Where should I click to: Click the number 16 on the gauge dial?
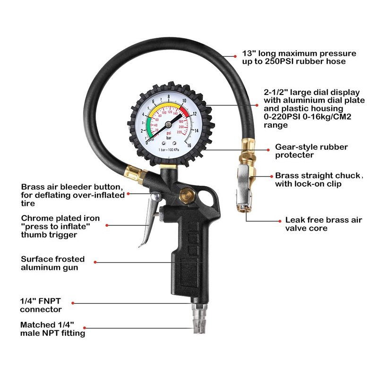point(189,146)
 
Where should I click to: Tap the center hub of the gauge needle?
point(169,124)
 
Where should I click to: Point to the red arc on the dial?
point(185,112)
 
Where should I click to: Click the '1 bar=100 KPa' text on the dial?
point(169,150)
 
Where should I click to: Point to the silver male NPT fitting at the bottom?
point(199,318)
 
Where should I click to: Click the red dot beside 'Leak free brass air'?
point(280,221)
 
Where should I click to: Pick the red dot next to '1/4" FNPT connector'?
point(73,303)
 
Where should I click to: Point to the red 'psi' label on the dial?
point(169,133)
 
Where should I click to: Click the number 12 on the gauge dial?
point(194,113)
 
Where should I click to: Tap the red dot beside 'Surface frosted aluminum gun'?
point(95,262)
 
